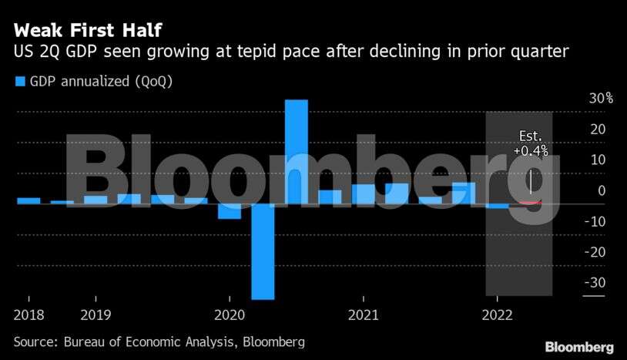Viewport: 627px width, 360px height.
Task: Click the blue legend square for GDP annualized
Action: [x=20, y=81]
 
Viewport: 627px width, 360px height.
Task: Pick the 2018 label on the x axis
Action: [x=28, y=315]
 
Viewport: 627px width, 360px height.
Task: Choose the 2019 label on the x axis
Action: [x=96, y=315]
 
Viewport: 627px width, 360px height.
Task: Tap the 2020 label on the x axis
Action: [x=230, y=315]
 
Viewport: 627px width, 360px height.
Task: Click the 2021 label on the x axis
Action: [x=363, y=315]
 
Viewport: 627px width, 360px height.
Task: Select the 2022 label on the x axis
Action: [x=497, y=315]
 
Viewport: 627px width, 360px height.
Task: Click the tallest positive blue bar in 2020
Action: [x=297, y=151]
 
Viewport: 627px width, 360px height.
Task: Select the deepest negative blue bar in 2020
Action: [x=263, y=251]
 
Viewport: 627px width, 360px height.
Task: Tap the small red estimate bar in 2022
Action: [x=530, y=202]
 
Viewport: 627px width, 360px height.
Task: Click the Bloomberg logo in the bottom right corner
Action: [x=578, y=347]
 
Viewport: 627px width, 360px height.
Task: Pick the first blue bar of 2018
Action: [x=28, y=200]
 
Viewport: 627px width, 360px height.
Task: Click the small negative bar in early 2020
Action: [x=230, y=211]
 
